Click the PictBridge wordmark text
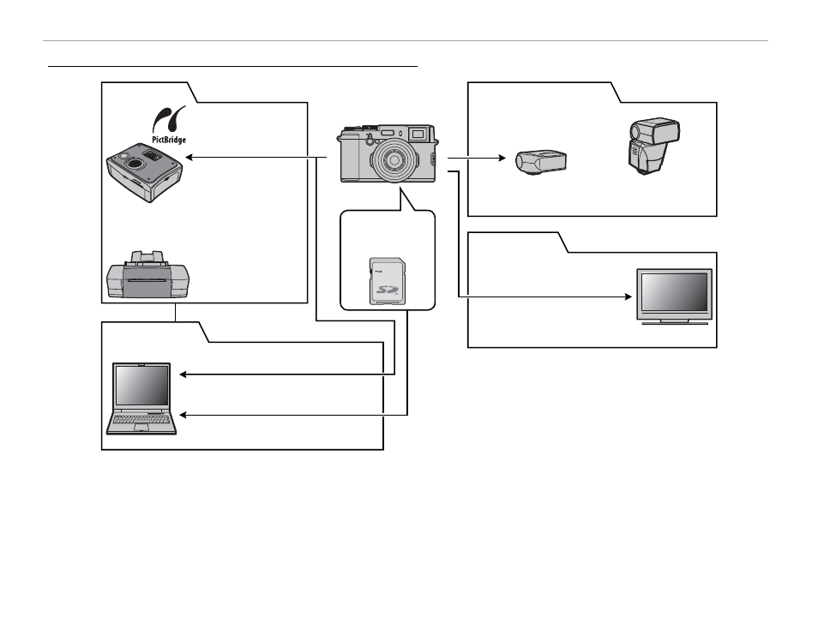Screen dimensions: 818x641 coord(169,140)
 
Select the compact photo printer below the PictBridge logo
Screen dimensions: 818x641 coord(145,172)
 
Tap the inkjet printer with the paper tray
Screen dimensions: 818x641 coord(148,275)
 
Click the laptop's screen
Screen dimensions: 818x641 coord(141,386)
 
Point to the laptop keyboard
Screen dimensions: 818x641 coord(141,419)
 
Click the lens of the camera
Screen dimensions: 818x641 coord(394,159)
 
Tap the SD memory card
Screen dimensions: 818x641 coord(388,281)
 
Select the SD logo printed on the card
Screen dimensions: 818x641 coord(387,290)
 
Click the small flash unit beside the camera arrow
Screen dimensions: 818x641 coord(541,162)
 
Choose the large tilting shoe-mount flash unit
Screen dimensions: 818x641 coord(653,146)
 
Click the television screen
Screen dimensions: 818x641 coord(674,292)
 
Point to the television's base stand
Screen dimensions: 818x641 coord(675,322)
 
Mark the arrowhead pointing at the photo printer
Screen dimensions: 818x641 coord(189,157)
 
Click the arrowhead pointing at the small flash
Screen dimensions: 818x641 coord(502,158)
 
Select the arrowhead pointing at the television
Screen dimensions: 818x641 coord(629,297)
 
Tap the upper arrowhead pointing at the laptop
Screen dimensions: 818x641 coord(183,374)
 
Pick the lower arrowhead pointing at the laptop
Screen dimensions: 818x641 coord(183,415)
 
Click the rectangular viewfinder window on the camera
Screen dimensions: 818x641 coord(418,134)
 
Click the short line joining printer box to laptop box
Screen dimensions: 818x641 coord(175,313)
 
